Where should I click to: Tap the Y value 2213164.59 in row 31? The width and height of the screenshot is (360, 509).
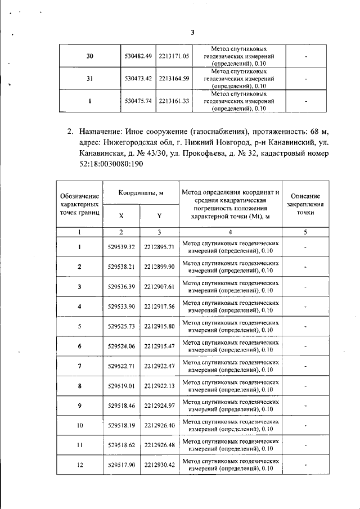(x=174, y=79)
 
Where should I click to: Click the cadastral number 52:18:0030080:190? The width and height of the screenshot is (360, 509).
(x=112, y=164)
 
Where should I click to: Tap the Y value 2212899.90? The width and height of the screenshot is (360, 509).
(x=159, y=267)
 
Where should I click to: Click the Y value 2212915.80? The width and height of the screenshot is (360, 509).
(x=159, y=326)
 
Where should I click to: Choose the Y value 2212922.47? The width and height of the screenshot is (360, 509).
(x=159, y=366)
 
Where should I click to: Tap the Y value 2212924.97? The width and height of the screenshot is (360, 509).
(x=159, y=406)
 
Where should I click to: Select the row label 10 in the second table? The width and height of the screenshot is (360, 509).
(x=79, y=426)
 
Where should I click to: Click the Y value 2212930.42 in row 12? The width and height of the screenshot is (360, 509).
(x=159, y=465)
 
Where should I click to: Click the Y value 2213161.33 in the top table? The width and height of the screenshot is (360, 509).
(x=174, y=101)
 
